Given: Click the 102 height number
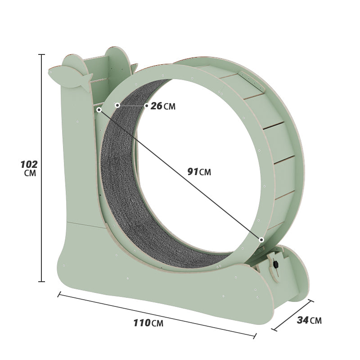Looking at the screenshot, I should click(29, 164).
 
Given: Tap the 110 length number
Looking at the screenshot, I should click(142, 322).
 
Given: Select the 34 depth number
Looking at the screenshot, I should click(302, 320).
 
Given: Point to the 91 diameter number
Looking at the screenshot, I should click(193, 171).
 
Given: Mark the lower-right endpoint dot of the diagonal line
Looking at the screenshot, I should click(261, 240).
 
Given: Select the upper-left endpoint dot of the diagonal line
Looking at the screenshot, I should click(99, 109).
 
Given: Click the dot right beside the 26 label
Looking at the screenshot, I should click(146, 106).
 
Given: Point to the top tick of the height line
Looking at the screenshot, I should click(42, 54).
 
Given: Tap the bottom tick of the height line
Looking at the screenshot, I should click(42, 282).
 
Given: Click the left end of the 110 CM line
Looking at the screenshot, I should click(59, 295).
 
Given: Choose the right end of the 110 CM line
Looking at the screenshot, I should click(256, 335).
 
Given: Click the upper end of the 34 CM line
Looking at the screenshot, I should click(310, 301).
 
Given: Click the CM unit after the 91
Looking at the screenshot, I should click(205, 172).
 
